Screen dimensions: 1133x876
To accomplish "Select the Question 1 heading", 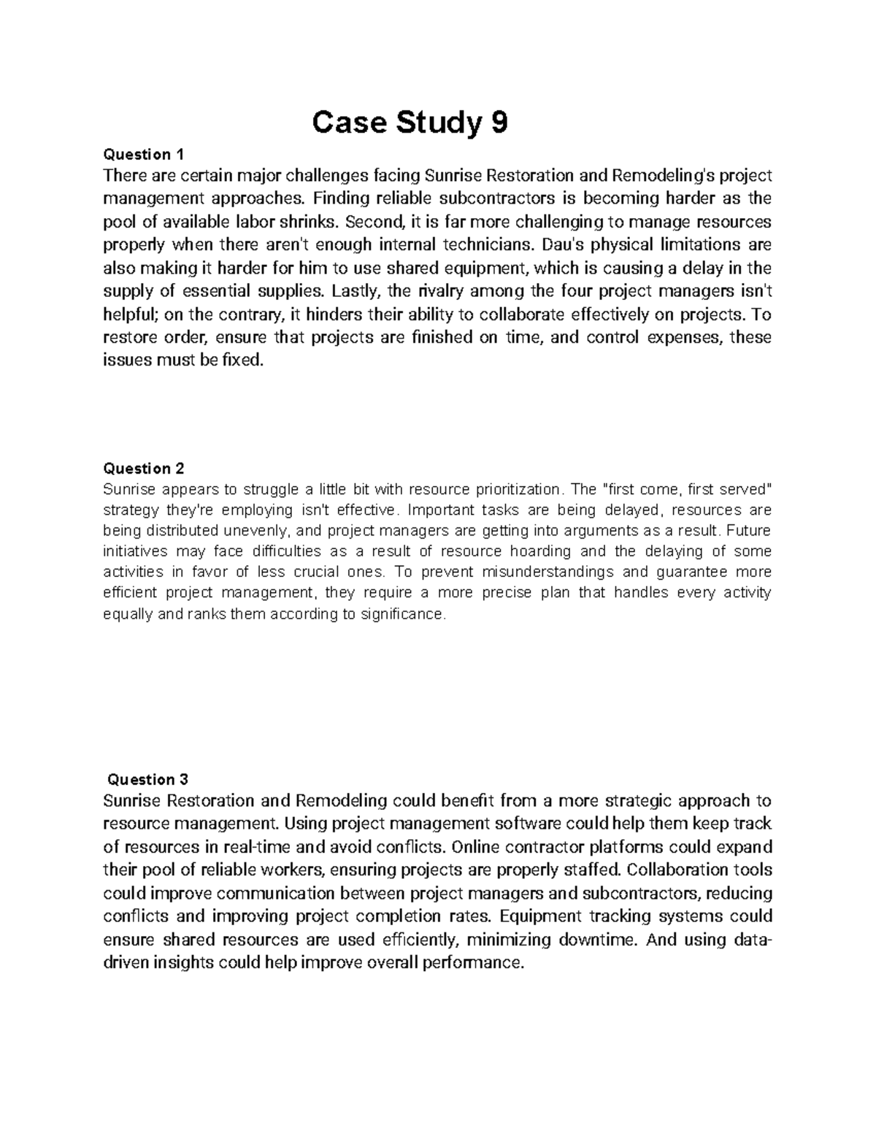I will pos(145,154).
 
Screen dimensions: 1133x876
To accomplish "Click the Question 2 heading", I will pos(145,468).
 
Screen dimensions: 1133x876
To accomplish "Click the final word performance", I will pos(477,963).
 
